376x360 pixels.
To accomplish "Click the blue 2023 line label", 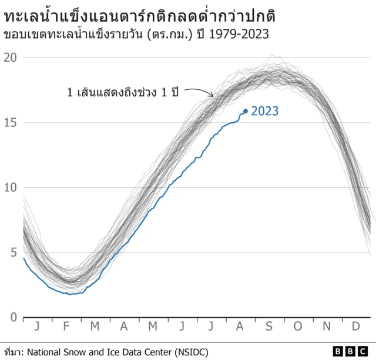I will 265,111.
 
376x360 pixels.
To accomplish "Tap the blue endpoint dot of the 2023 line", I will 246,111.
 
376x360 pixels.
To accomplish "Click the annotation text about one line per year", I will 123,92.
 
